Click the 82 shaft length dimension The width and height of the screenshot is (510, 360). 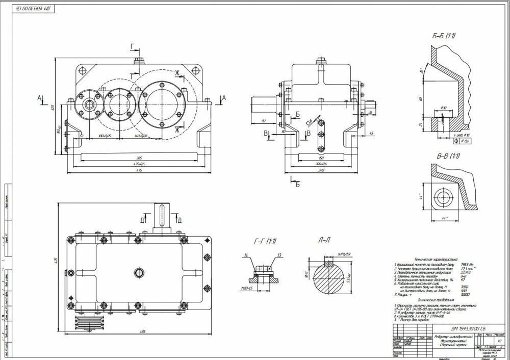[x=263, y=121]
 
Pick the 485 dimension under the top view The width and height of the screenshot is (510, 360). [x=140, y=332]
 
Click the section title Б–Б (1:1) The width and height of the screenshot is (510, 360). [x=443, y=36]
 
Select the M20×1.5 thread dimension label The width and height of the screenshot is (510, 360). [x=247, y=289]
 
